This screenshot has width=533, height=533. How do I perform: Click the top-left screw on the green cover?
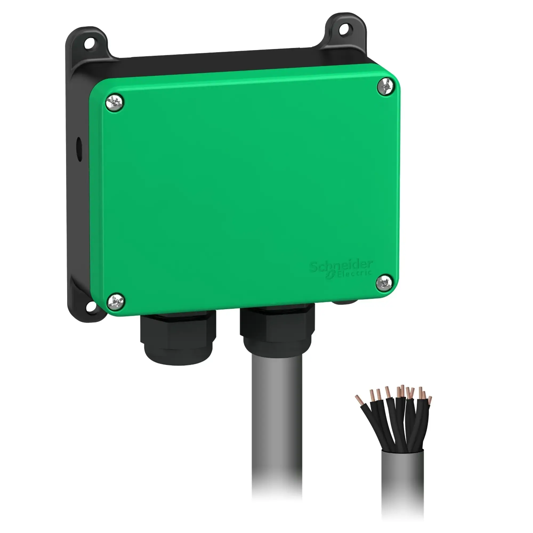tap(115, 103)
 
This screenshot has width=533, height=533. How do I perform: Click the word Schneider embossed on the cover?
tap(341, 266)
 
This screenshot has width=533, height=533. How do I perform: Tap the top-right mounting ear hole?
tap(343, 30)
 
